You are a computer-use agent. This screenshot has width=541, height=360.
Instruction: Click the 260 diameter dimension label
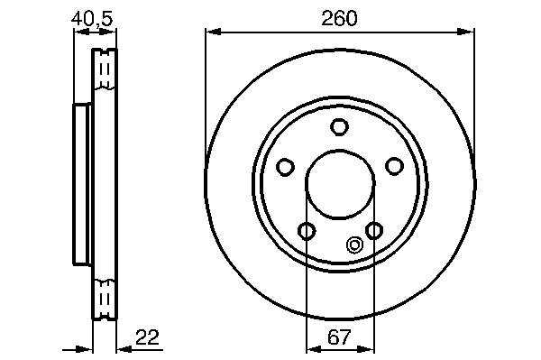click(339, 18)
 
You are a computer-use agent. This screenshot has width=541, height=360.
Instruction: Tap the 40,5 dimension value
click(92, 19)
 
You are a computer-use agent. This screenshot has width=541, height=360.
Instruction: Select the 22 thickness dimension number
click(147, 337)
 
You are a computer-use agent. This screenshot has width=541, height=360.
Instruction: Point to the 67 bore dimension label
click(339, 337)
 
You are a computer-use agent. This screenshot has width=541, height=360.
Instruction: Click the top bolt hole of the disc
click(339, 126)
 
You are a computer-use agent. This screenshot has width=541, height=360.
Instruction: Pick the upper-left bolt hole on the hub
click(285, 167)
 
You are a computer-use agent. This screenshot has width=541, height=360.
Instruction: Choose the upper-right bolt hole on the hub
click(394, 166)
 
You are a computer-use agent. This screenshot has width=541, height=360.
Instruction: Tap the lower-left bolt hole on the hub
click(307, 231)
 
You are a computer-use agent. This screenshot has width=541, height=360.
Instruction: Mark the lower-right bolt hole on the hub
click(374, 230)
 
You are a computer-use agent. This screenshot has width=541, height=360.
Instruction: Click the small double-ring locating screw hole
click(354, 245)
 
